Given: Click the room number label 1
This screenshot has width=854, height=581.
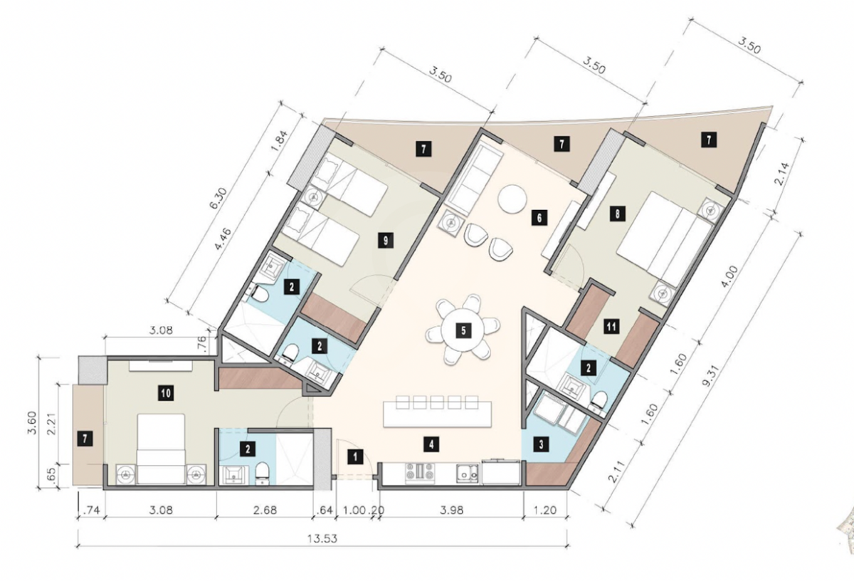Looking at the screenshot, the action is pos(356,456).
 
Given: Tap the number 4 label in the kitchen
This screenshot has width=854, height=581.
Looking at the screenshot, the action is pos(431,444).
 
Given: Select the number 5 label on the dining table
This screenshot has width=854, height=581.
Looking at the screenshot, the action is pos(463,330).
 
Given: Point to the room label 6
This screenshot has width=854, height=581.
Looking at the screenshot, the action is pos(539,218).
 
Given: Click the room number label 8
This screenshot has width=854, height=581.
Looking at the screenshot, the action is pos(617,214).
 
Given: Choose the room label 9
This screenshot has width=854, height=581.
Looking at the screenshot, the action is pos(386,241).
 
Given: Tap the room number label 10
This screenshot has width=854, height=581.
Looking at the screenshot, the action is pos(167,392).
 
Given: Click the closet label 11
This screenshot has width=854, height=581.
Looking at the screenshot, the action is pos(611,327).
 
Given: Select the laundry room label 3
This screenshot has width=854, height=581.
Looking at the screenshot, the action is pos(542,444).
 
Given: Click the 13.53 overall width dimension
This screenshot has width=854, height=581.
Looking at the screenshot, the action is pos(322,539).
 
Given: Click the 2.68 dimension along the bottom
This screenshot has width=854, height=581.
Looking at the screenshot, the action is pos(265,510).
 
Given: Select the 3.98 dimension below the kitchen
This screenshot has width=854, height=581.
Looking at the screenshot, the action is pos(452,510).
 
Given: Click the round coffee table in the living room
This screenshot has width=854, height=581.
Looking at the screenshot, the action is pos(512,199).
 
